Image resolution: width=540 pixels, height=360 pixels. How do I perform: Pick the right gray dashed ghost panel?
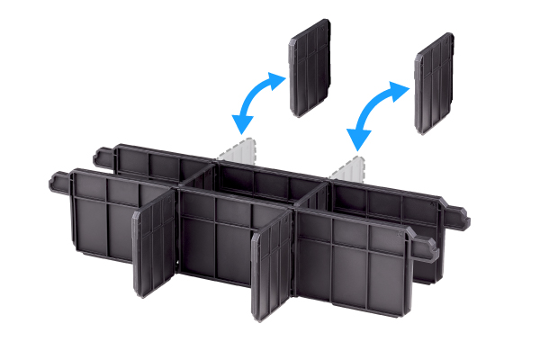[x=348, y=167]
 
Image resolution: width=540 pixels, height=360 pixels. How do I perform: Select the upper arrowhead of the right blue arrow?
[x=401, y=86]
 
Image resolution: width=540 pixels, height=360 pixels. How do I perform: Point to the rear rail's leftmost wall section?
[x=148, y=162]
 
